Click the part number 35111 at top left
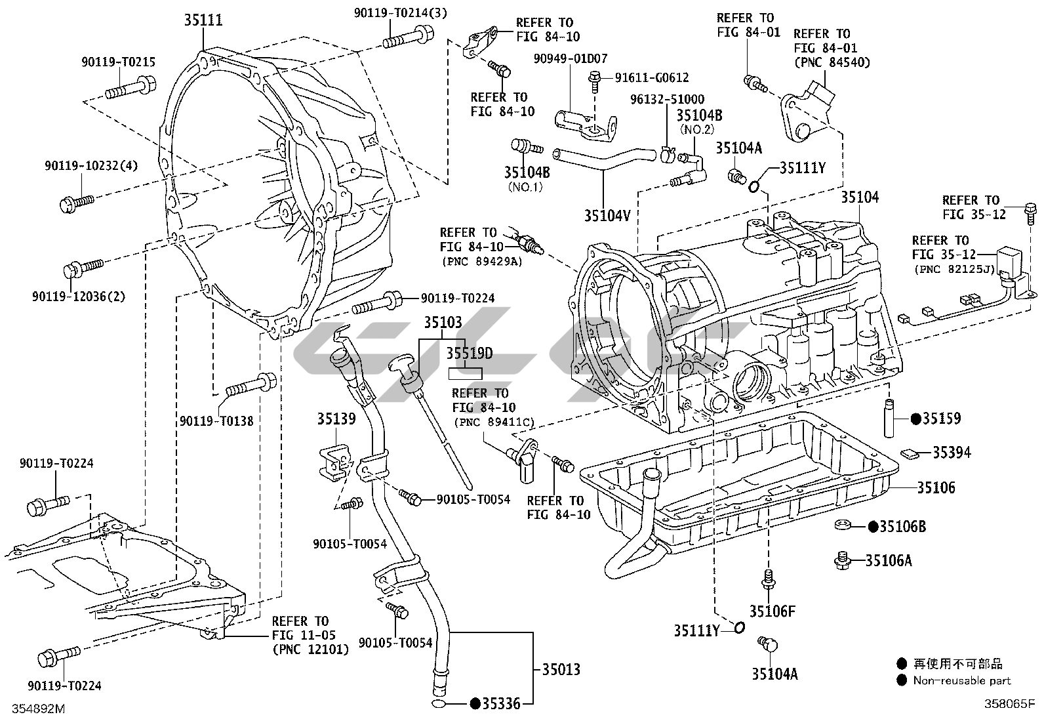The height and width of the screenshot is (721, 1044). pyautogui.click(x=203, y=20)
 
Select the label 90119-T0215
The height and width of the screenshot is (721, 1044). pyautogui.click(x=118, y=62)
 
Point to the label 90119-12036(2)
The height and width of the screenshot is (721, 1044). pyautogui.click(x=78, y=296)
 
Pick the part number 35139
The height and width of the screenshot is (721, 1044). pyautogui.click(x=336, y=419)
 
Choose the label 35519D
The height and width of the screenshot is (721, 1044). pyautogui.click(x=470, y=354)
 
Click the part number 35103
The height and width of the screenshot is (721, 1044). pyautogui.click(x=442, y=323)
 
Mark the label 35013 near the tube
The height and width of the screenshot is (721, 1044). pyautogui.click(x=561, y=670)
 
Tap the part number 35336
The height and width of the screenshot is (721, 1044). pyautogui.click(x=500, y=705)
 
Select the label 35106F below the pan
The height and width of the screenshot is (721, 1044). pyautogui.click(x=773, y=611)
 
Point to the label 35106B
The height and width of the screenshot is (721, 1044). pyautogui.click(x=902, y=526)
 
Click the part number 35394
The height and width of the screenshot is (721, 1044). pyautogui.click(x=952, y=453)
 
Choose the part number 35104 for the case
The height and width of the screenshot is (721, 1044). pyautogui.click(x=860, y=197)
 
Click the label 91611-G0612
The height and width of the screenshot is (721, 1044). pyautogui.click(x=651, y=78)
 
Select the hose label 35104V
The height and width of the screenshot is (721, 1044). pyautogui.click(x=607, y=215)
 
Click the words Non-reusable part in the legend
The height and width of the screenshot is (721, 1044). pyautogui.click(x=962, y=681)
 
